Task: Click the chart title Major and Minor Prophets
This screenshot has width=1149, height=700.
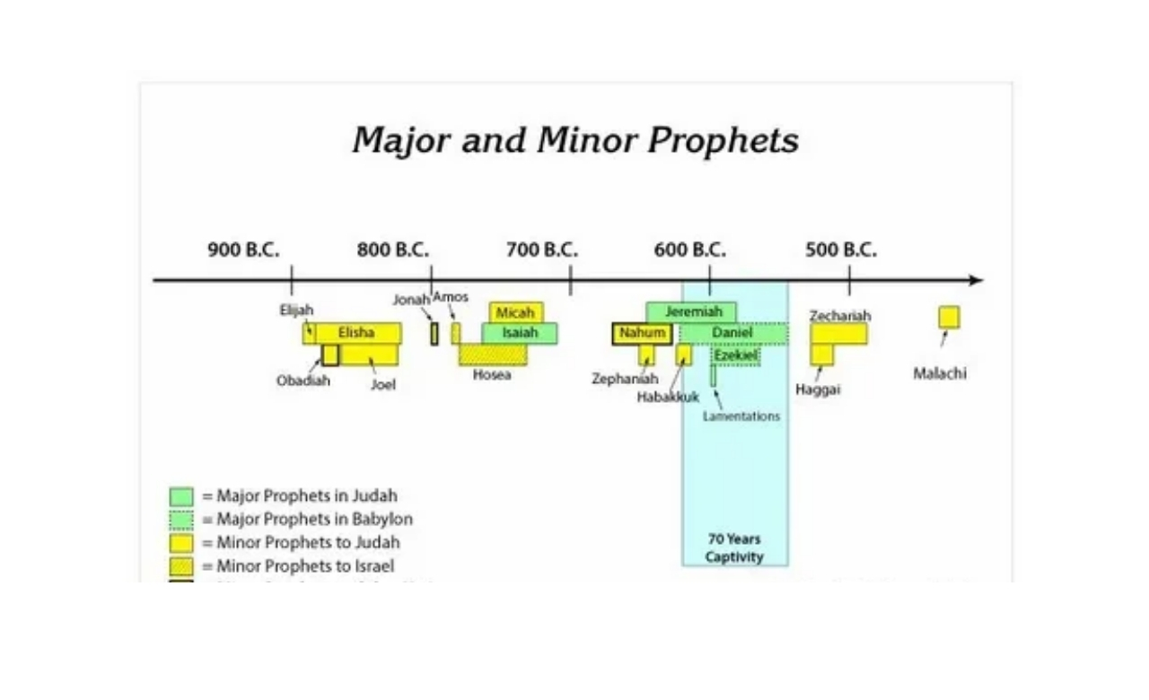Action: [x=575, y=141]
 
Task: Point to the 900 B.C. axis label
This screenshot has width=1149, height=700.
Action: [x=243, y=249]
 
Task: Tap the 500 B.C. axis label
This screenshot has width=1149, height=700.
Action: [x=840, y=249]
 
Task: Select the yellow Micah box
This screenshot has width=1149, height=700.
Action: [x=515, y=312]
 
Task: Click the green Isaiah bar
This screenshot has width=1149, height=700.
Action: [x=520, y=333]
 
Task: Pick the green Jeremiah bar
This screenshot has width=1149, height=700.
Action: [x=691, y=312]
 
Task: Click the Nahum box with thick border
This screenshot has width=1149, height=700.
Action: [x=642, y=333]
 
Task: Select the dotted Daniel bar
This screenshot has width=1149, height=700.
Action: [x=733, y=333]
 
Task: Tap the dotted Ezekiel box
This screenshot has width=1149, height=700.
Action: [x=736, y=355]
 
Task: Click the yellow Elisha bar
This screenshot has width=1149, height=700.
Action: [x=356, y=333]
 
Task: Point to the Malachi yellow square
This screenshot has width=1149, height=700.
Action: [x=949, y=317]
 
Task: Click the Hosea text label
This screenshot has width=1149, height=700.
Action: [x=492, y=375]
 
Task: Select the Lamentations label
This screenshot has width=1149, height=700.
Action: [x=741, y=416]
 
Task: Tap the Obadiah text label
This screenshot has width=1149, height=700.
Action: [x=303, y=381]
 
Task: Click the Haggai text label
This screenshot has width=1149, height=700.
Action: [x=818, y=389]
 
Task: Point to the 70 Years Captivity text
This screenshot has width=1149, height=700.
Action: [x=734, y=547]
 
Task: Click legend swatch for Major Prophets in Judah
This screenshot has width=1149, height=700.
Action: [x=181, y=496]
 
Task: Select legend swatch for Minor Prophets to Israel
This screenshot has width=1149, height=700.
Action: [x=181, y=566]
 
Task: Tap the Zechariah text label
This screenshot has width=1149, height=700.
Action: [x=840, y=316]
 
